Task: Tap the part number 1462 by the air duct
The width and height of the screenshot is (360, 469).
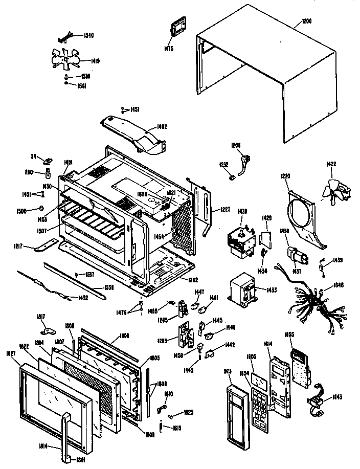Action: [162, 126]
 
